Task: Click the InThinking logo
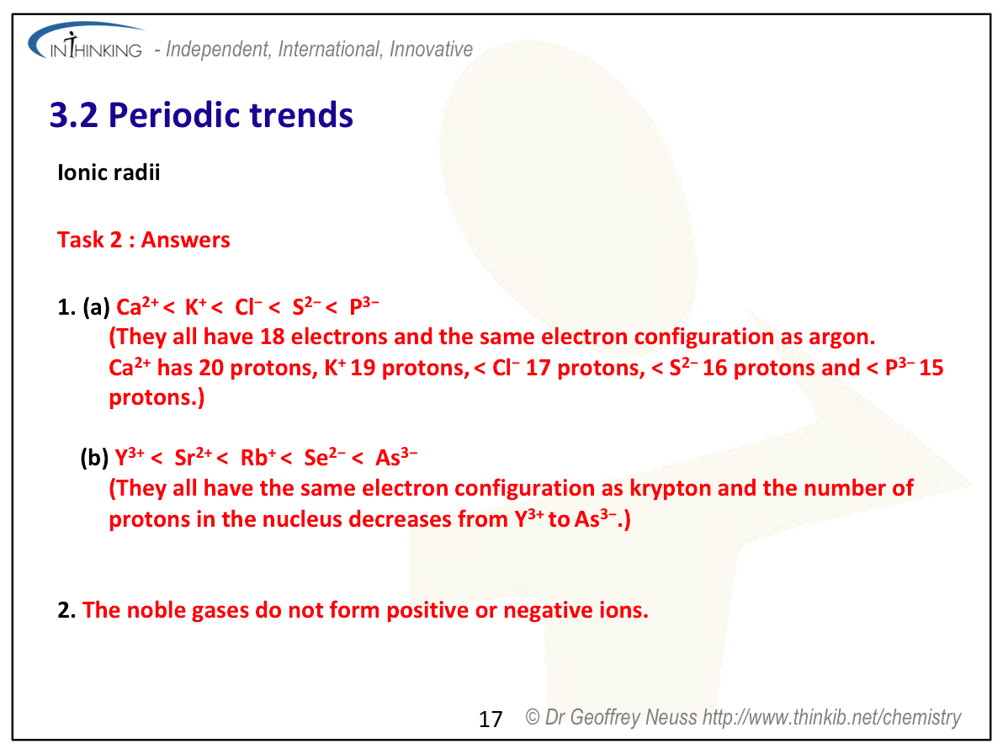pos(86,42)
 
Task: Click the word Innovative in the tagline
pos(431,50)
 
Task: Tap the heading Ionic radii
pos(109,172)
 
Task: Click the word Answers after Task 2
pos(185,239)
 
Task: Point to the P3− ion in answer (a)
pos(364,305)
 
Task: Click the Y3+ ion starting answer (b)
pos(130,457)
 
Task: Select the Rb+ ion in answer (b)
pos(258,457)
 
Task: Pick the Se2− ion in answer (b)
pos(325,457)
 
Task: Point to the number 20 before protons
pos(211,368)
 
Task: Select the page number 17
pos(491,719)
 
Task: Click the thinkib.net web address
pos(831,718)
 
